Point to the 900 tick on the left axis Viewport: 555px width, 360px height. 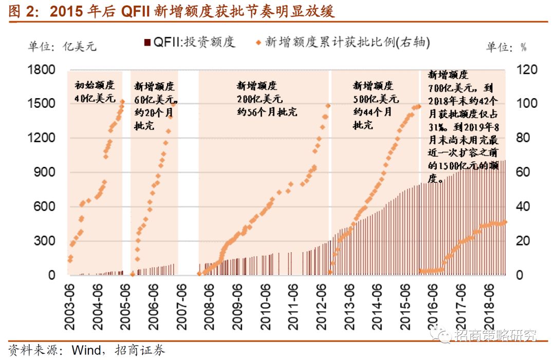[44, 172]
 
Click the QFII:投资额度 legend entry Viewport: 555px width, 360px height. [190, 43]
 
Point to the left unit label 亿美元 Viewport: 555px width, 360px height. [62, 46]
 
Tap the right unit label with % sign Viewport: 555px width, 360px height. [507, 47]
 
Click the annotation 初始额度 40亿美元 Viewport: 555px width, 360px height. [95, 92]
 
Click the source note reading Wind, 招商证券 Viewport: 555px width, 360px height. [87, 350]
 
